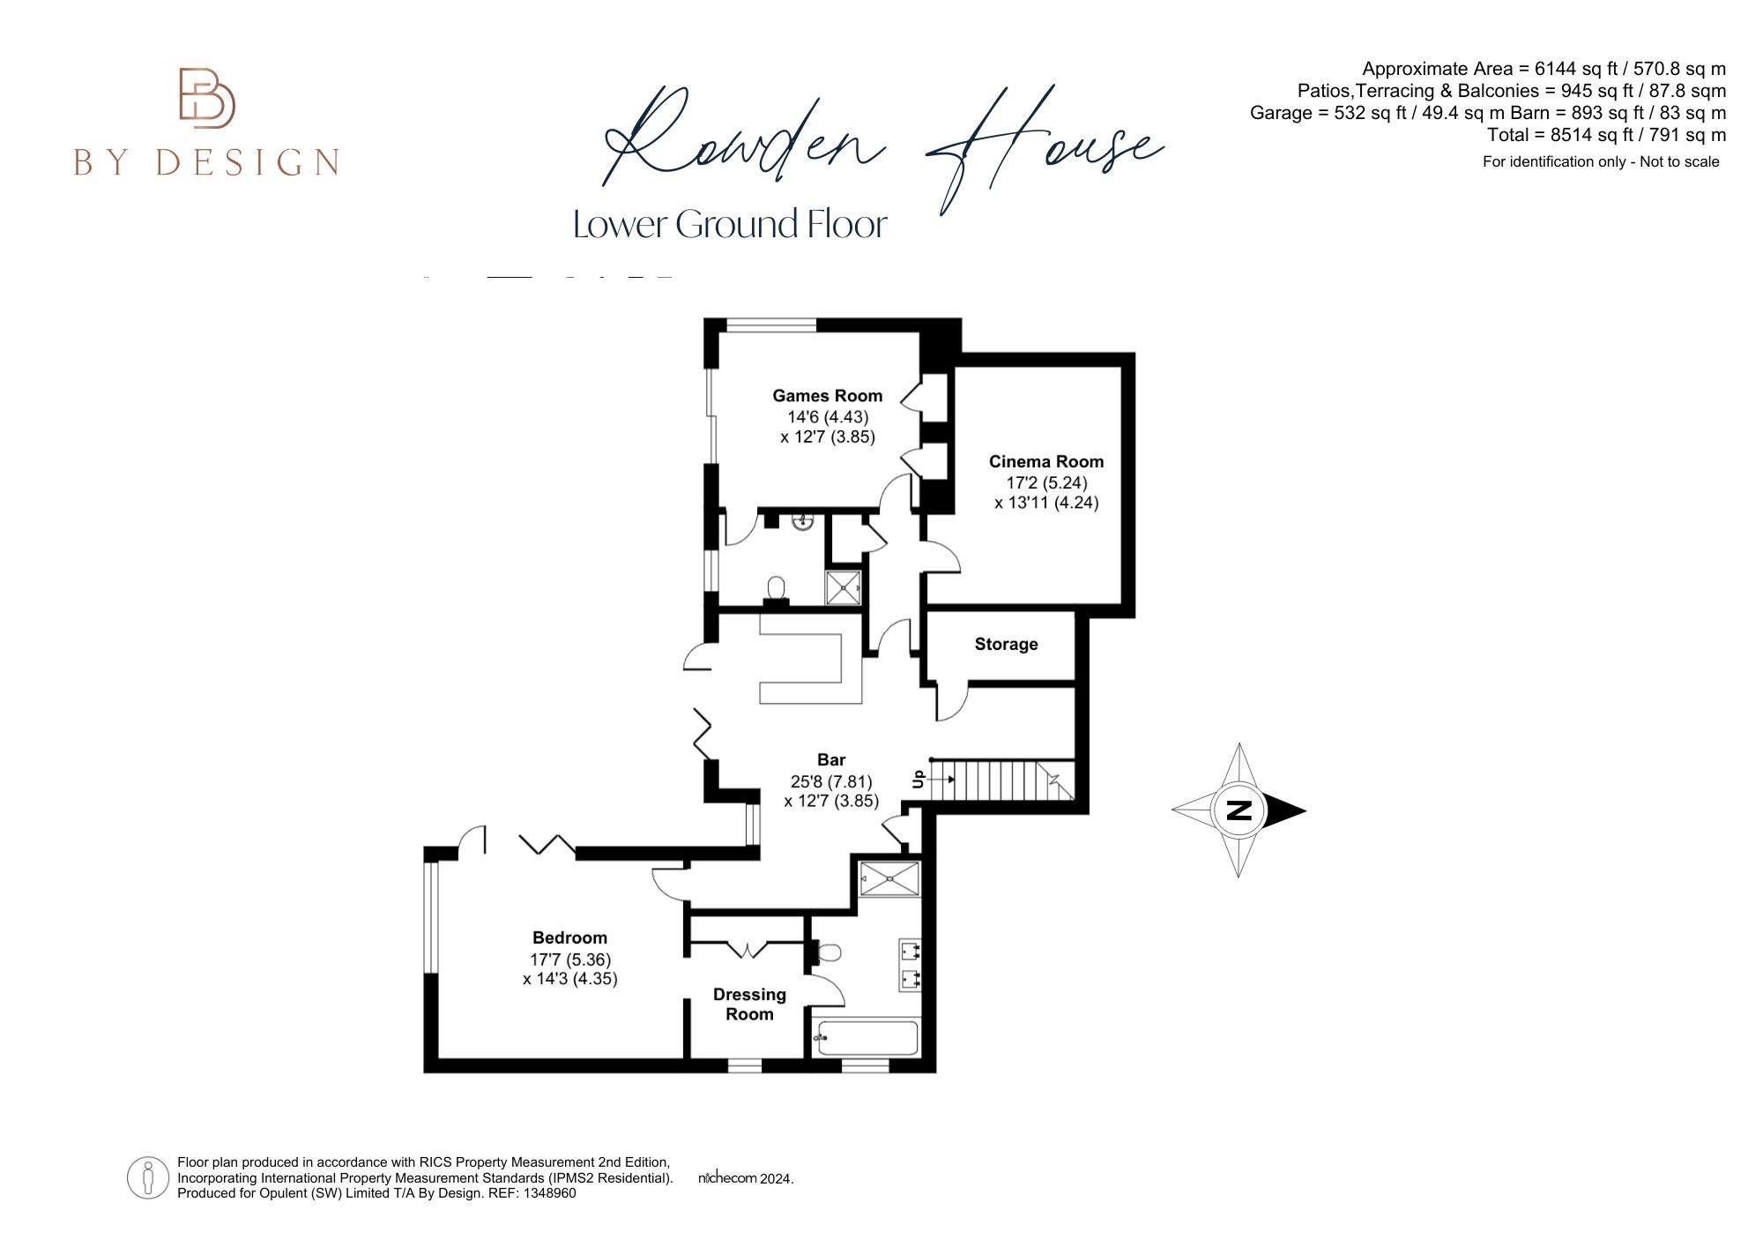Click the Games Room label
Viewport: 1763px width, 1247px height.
pyautogui.click(x=827, y=396)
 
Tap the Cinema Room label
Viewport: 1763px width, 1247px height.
pyautogui.click(x=1045, y=461)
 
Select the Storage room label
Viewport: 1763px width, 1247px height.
pyautogui.click(x=1006, y=645)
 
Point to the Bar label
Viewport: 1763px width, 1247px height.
pyautogui.click(x=831, y=760)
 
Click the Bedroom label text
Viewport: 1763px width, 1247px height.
pyautogui.click(x=569, y=937)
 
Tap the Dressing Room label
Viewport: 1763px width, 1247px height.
pyautogui.click(x=749, y=1004)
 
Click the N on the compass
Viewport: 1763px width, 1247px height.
pyautogui.click(x=1239, y=810)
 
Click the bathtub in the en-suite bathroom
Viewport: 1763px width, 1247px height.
pyautogui.click(x=868, y=1038)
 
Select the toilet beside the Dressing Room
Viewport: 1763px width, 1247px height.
pyautogui.click(x=829, y=952)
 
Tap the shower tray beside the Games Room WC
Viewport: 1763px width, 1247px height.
pyautogui.click(x=844, y=587)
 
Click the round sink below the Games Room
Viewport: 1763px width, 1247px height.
pyautogui.click(x=803, y=523)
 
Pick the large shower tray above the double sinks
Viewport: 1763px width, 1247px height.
pyautogui.click(x=890, y=878)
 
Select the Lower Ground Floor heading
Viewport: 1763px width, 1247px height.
pyautogui.click(x=729, y=224)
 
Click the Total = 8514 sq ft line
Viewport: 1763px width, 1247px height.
pyautogui.click(x=1606, y=135)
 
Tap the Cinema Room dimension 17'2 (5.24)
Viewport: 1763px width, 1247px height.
pyautogui.click(x=1046, y=482)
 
